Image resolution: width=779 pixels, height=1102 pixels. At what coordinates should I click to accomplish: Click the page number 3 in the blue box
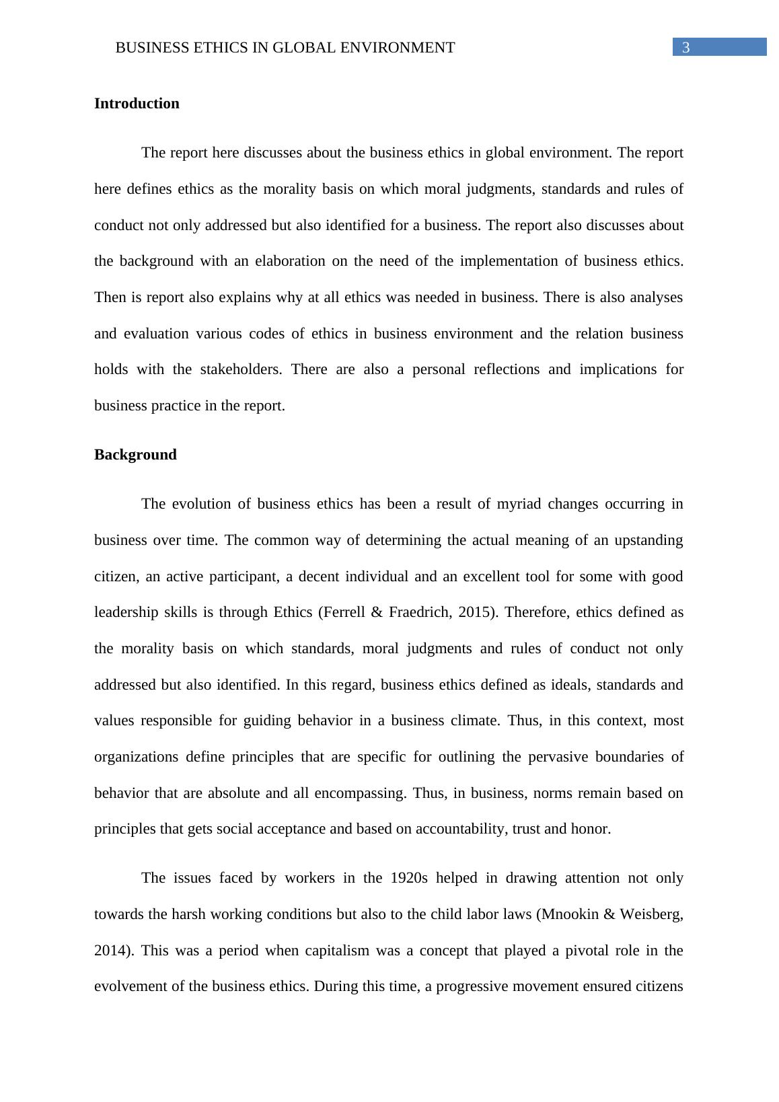pos(686,47)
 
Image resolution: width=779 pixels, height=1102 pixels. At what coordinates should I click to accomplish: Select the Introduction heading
pos(137,104)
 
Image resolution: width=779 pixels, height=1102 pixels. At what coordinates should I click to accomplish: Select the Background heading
pos(135,455)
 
